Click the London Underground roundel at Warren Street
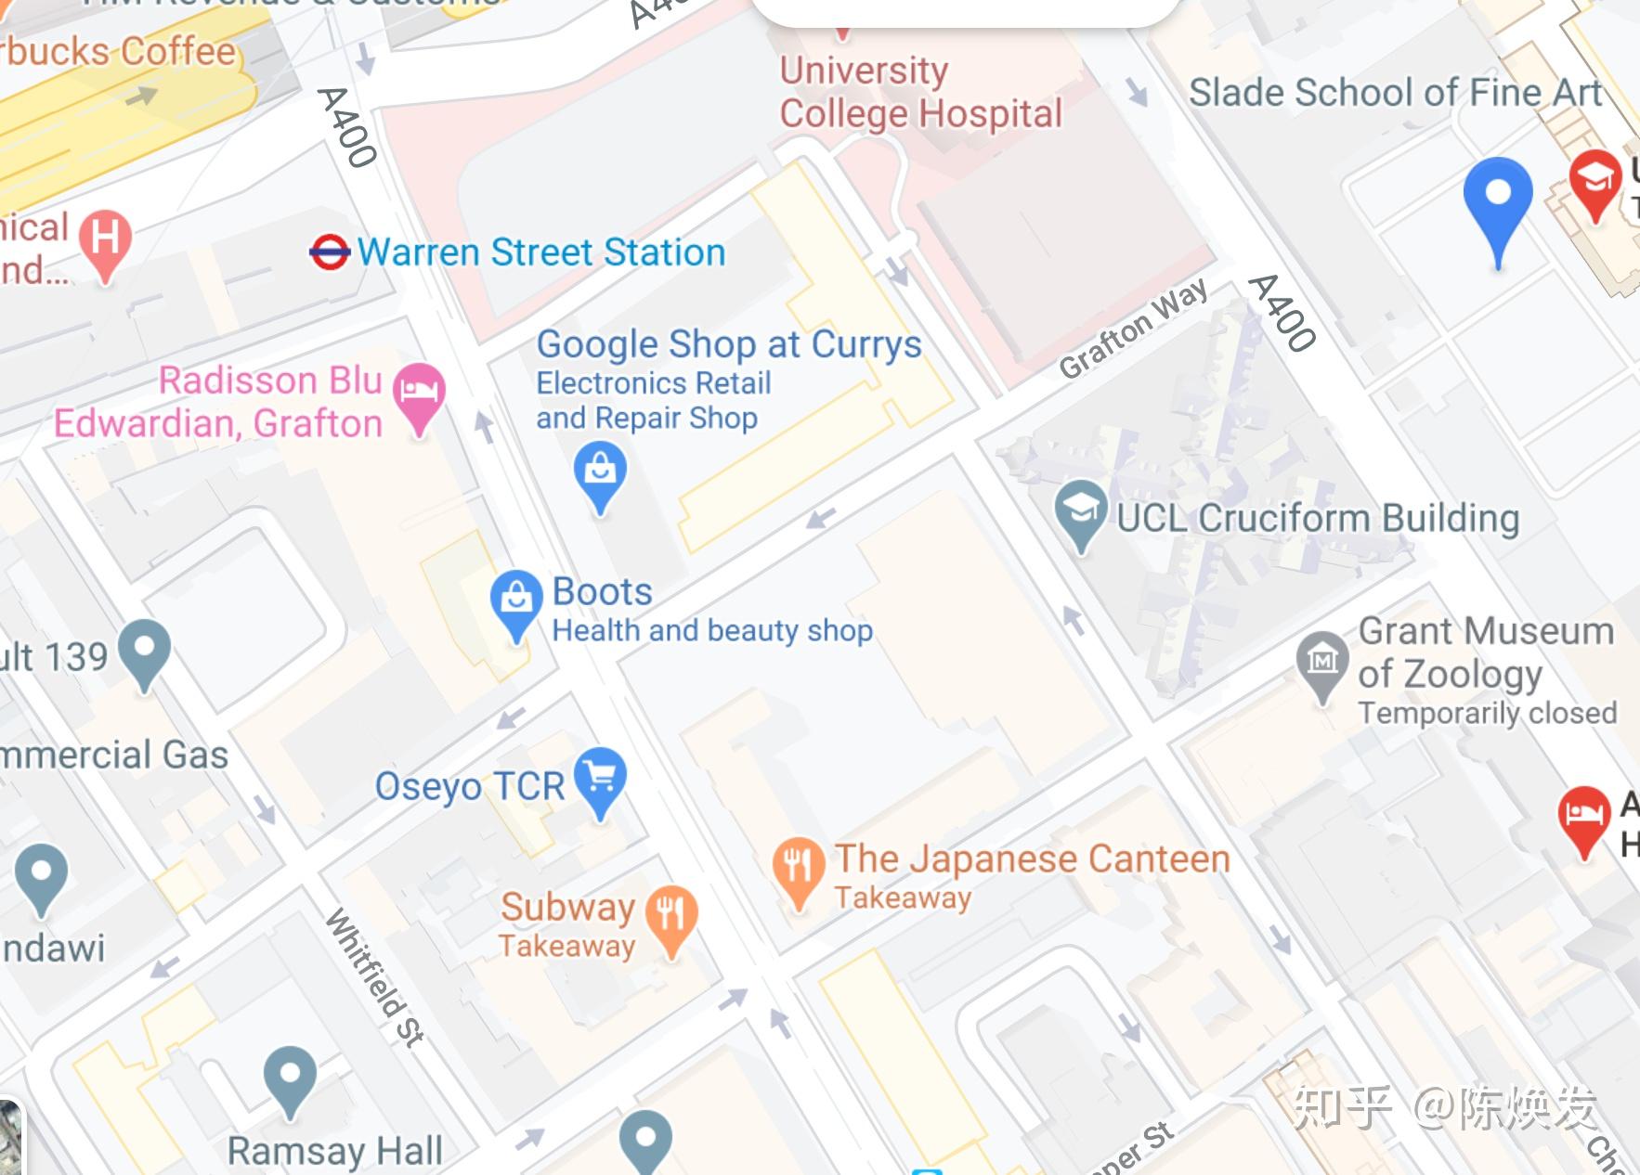pyautogui.click(x=329, y=252)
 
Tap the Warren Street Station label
pyautogui.click(x=540, y=252)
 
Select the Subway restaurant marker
pyautogui.click(x=671, y=913)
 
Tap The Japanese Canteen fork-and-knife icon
pyautogui.click(x=798, y=865)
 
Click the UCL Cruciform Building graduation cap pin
pyautogui.click(x=1081, y=509)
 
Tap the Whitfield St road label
pyautogui.click(x=374, y=976)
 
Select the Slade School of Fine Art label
pyautogui.click(x=1395, y=93)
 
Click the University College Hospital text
pyautogui.click(x=919, y=93)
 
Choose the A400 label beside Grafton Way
pyautogui.click(x=1282, y=313)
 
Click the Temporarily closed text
pyautogui.click(x=1487, y=713)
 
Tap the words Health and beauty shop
pyautogui.click(x=711, y=631)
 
